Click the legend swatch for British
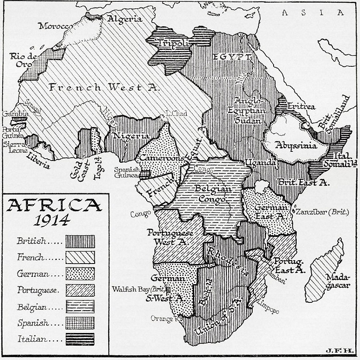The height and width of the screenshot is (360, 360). (x=80, y=240)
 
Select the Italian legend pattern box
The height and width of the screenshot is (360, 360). (x=80, y=337)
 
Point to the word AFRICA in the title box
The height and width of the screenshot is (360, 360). (x=52, y=205)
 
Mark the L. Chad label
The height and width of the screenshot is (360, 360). (x=177, y=113)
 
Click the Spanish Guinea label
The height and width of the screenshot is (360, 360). (x=127, y=172)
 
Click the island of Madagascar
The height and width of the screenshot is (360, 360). (x=325, y=271)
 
